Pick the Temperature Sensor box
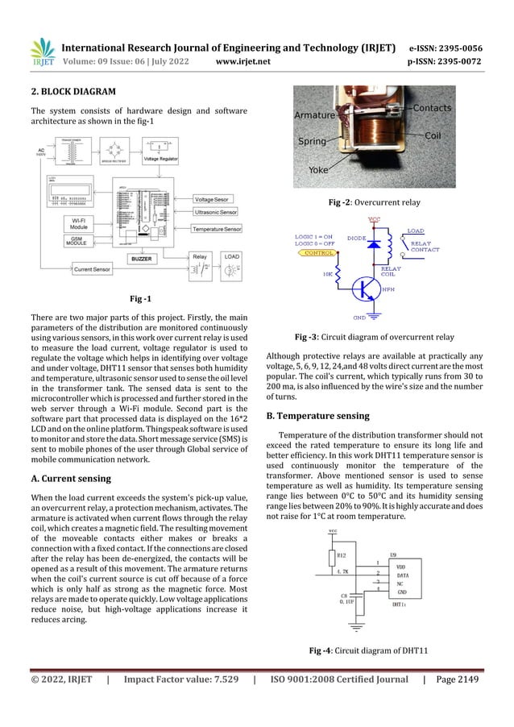click(x=216, y=229)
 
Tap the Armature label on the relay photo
click(x=314, y=115)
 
